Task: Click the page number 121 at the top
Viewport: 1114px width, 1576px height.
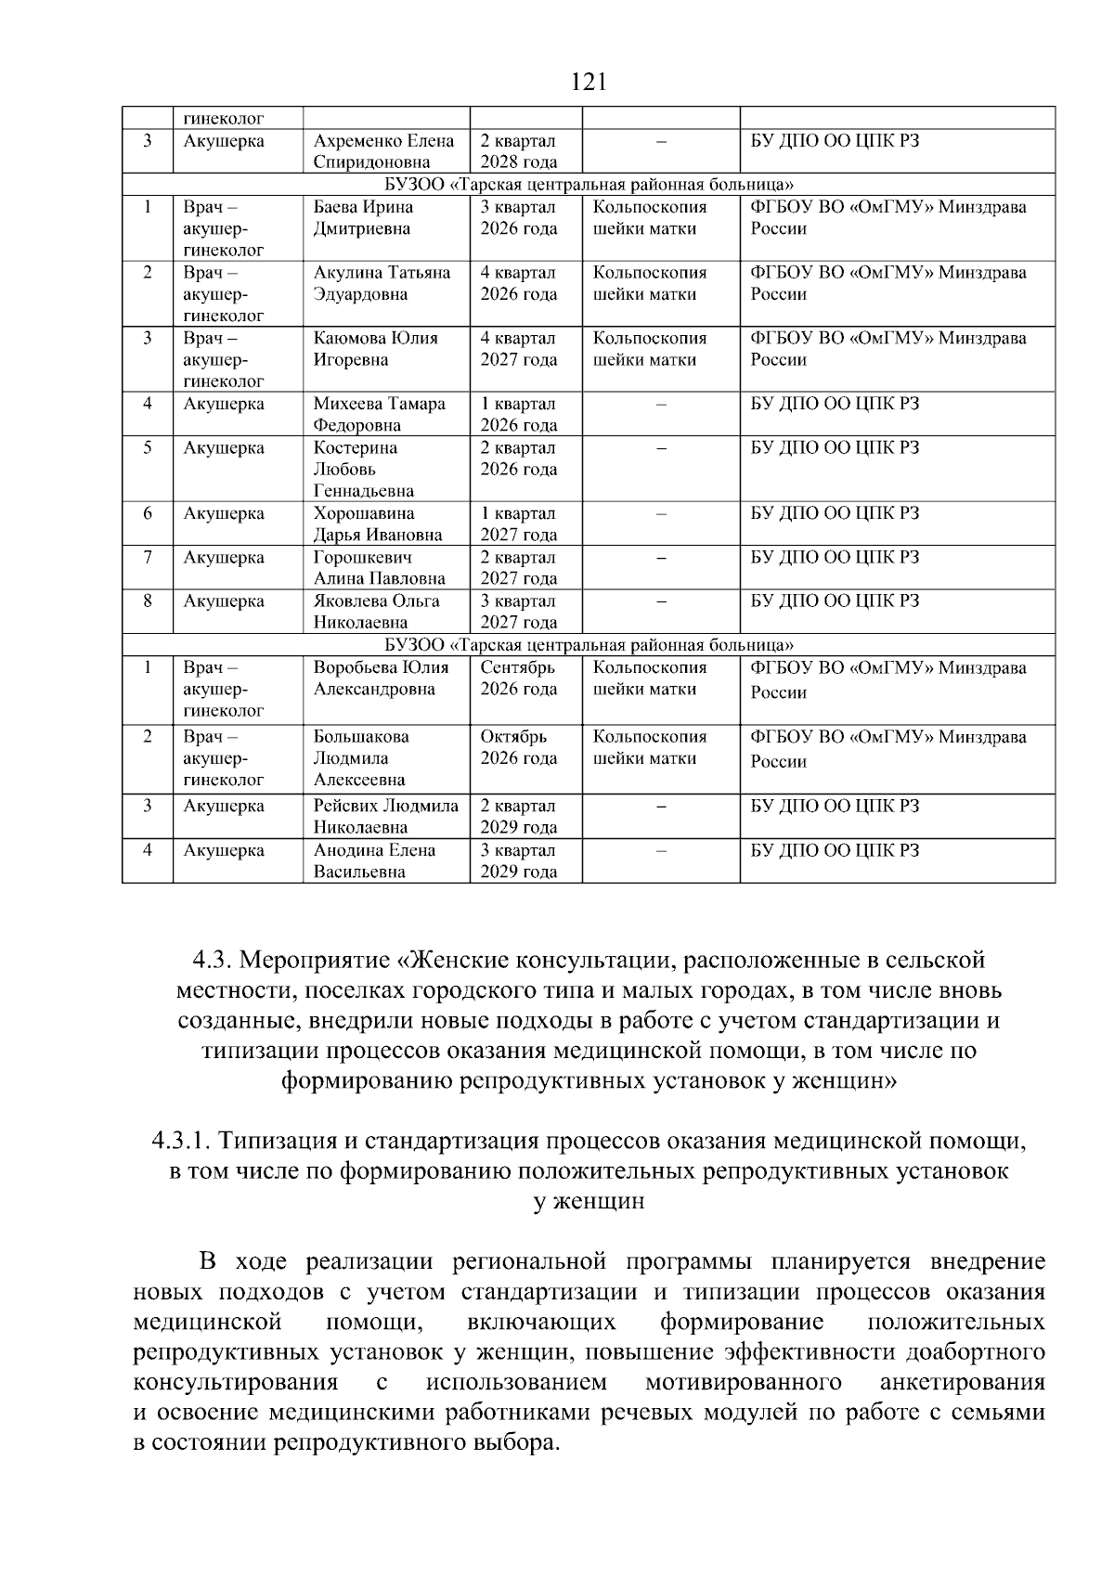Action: click(x=589, y=83)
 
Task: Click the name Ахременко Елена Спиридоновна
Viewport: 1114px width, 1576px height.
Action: click(x=383, y=151)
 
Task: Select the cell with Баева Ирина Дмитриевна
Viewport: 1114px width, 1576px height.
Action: click(x=364, y=217)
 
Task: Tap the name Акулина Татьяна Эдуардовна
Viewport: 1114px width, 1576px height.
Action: click(x=382, y=283)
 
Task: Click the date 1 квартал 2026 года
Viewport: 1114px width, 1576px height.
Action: click(x=518, y=414)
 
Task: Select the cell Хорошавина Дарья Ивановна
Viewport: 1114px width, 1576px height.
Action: click(x=377, y=523)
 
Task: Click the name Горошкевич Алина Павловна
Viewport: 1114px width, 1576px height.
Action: click(x=379, y=567)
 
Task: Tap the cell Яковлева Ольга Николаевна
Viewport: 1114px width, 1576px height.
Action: click(x=376, y=611)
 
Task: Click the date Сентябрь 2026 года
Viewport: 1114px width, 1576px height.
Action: click(x=518, y=678)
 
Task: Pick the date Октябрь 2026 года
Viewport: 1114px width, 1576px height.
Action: click(x=518, y=747)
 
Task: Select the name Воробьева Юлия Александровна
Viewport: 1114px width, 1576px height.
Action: click(x=381, y=678)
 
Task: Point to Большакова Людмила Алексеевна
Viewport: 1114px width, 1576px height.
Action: click(x=361, y=757)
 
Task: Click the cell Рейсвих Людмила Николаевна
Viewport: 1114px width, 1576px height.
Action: click(x=385, y=816)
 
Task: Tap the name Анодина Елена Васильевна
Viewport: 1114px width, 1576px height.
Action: click(x=374, y=860)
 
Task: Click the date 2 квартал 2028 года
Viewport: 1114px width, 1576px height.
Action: click(x=518, y=151)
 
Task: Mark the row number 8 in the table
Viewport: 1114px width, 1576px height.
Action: click(x=148, y=601)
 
